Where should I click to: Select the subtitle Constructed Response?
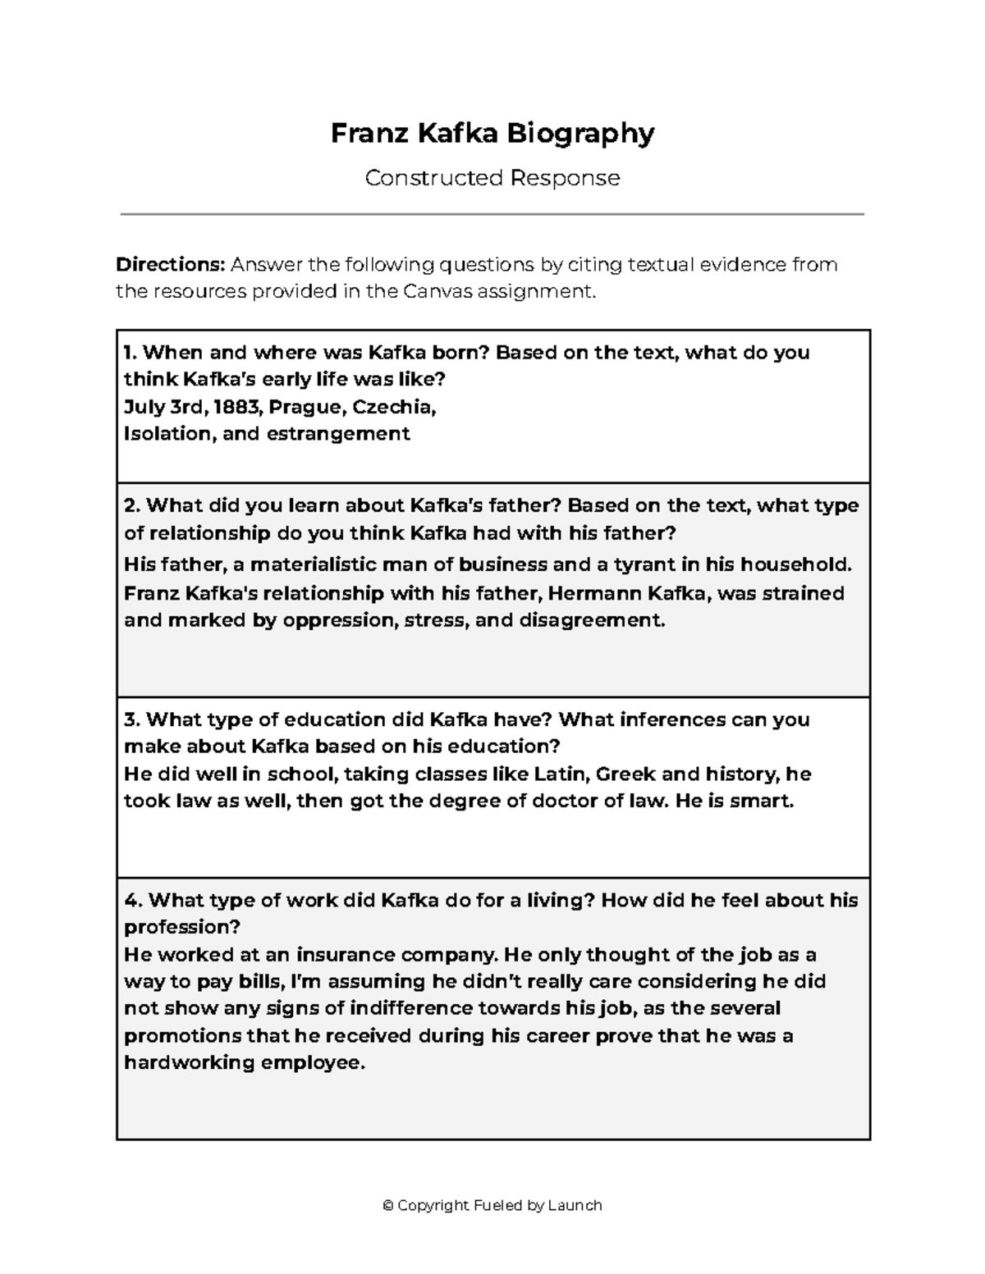tap(492, 178)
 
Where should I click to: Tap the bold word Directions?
tap(170, 265)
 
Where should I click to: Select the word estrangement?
tap(337, 434)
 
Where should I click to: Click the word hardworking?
tap(189, 1063)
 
